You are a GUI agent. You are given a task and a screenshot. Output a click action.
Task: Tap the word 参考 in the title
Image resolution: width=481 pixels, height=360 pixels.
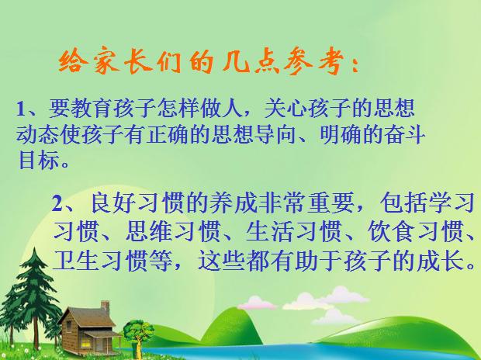(308, 62)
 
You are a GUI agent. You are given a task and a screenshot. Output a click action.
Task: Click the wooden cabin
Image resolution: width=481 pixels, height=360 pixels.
(85, 326)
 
